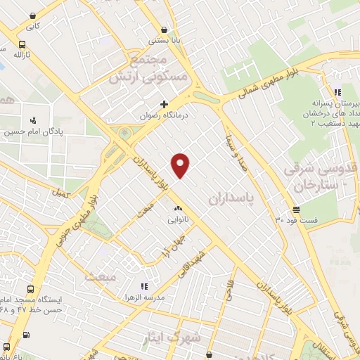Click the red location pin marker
pyautogui.click(x=181, y=165)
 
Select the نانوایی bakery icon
pyautogui.click(x=177, y=208)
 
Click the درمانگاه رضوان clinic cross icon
pyautogui.click(x=165, y=104)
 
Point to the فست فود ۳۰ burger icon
pyautogui.click(x=296, y=210)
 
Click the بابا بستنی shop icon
pyautogui.click(x=164, y=30)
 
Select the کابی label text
pyautogui.click(x=33, y=27)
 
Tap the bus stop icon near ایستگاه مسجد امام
pyautogui.click(x=7, y=347)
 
